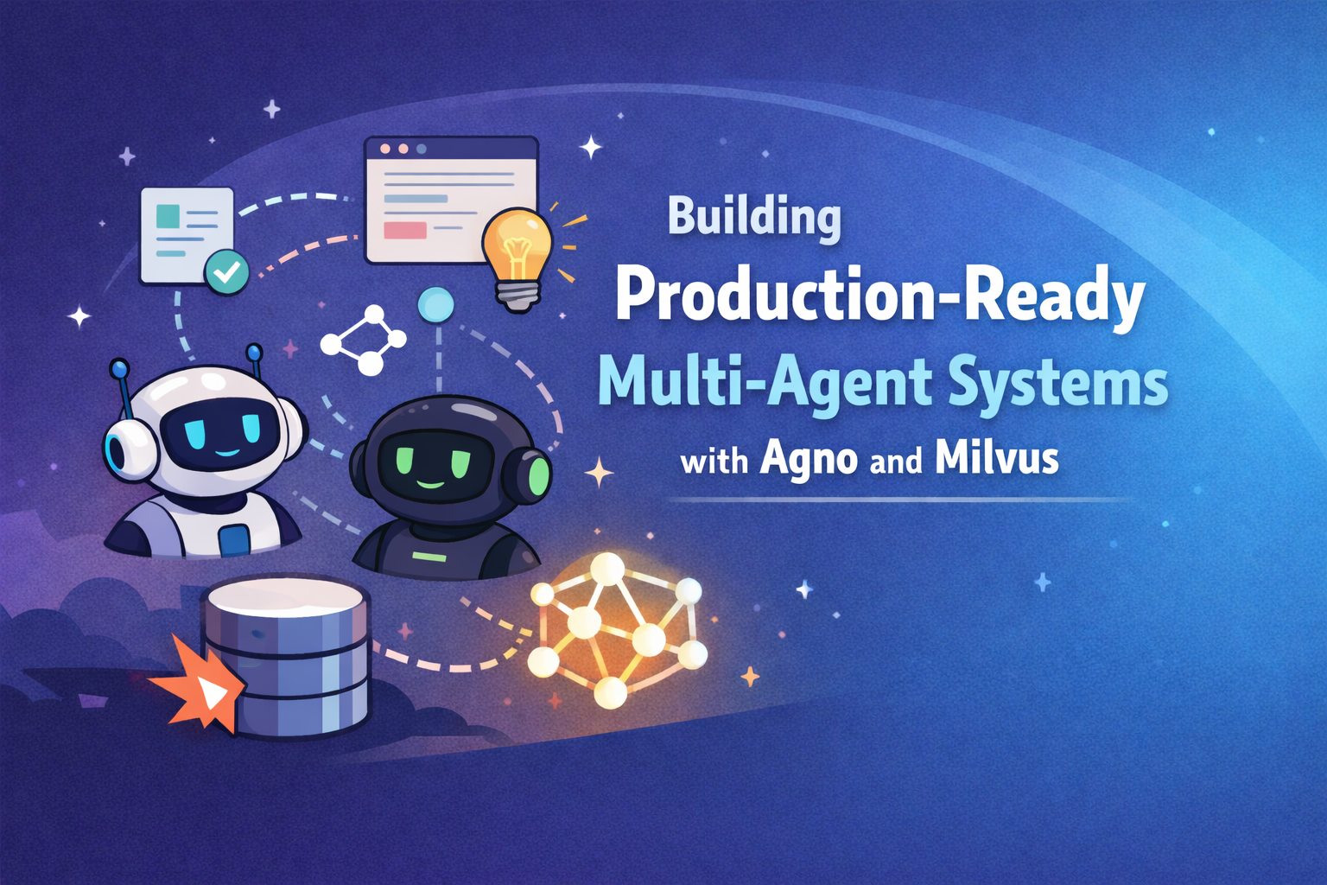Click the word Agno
click(809, 459)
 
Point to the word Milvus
click(996, 458)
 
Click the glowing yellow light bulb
click(517, 251)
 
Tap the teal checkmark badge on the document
click(226, 272)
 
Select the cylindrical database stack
click(285, 657)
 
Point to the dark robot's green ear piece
click(537, 475)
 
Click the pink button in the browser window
click(404, 231)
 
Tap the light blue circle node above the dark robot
click(435, 304)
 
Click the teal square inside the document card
click(168, 216)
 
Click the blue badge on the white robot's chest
click(233, 541)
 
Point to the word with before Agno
click(714, 462)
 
